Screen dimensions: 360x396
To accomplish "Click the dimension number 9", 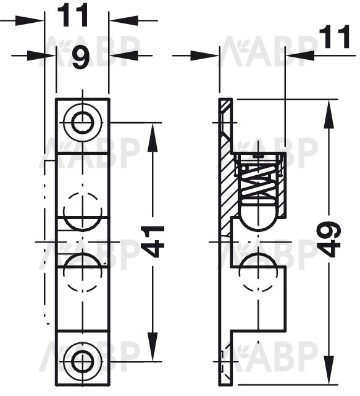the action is [x=82, y=58].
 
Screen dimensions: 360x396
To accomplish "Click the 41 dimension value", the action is [x=152, y=241].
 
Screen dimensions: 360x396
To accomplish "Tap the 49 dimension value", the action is [x=329, y=239].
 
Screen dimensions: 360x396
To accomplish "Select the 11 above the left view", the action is [x=73, y=15].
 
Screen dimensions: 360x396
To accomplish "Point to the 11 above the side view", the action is [x=334, y=37].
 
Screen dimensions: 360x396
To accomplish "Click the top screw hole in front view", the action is [x=83, y=123].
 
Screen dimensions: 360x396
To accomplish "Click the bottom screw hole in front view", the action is [x=83, y=361].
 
